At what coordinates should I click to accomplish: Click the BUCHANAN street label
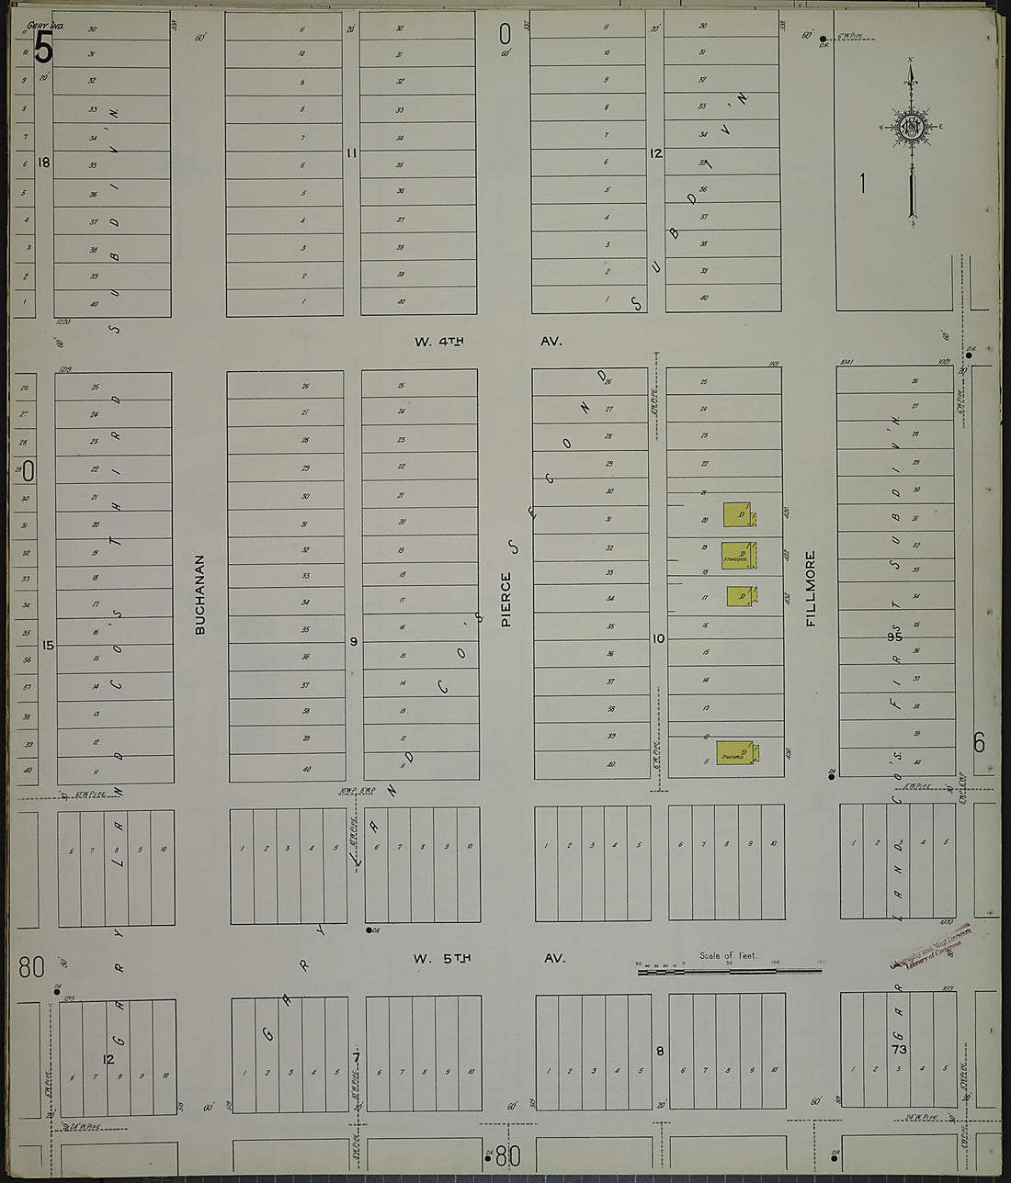click(199, 594)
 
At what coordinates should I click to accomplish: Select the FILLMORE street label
click(811, 588)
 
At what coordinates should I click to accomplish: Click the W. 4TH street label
click(439, 342)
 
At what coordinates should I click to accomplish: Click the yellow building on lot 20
click(737, 514)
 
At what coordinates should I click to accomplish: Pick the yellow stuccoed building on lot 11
click(734, 753)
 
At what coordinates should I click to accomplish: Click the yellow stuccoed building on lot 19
click(737, 555)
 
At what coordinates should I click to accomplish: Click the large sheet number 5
click(42, 48)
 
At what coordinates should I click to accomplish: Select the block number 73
click(899, 1049)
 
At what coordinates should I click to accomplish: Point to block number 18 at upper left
click(43, 163)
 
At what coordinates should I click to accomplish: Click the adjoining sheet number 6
click(979, 742)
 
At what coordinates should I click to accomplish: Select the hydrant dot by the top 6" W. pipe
click(824, 39)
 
